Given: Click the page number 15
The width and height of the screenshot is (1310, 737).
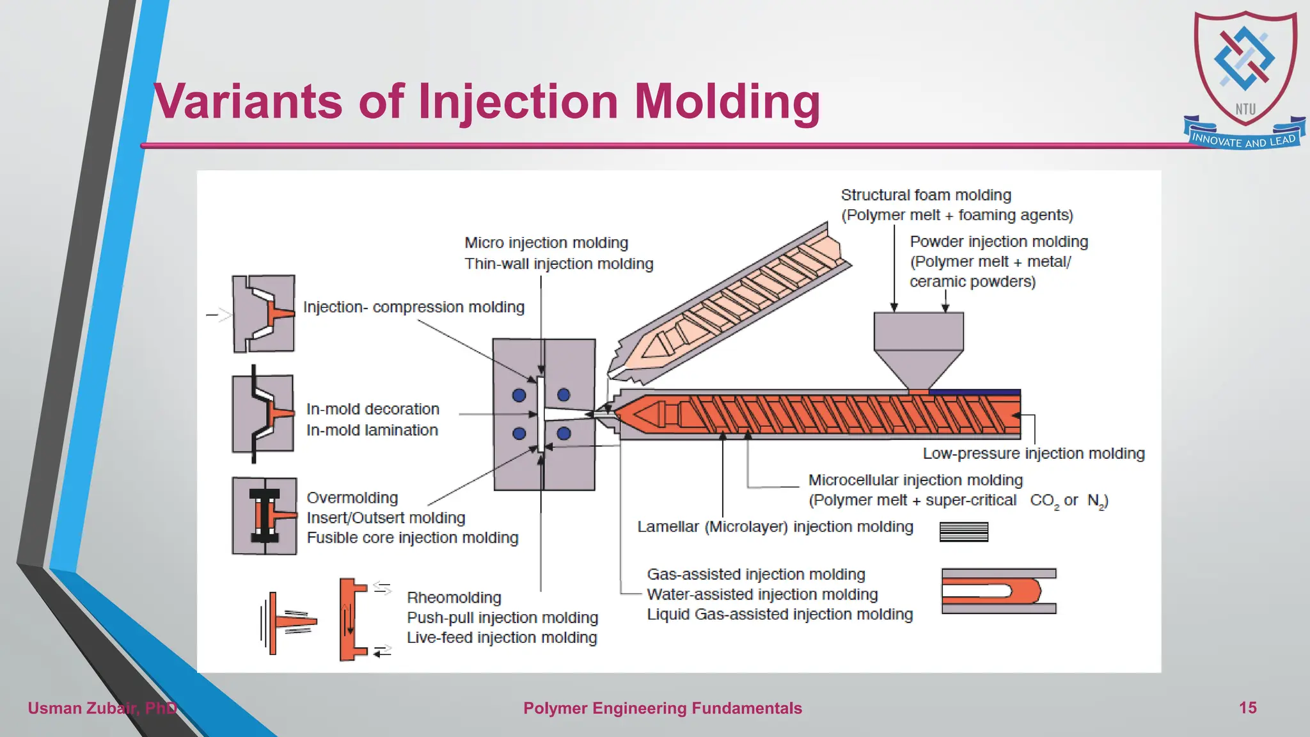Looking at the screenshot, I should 1247,708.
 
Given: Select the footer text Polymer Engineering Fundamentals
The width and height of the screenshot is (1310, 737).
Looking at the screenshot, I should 662,708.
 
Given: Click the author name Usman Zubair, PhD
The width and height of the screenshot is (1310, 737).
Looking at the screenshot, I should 102,708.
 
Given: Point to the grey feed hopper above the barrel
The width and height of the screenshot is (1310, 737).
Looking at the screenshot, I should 919,345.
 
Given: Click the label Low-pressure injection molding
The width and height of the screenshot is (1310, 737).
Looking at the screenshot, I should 1033,454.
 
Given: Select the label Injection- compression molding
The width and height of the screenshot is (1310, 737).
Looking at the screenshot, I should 413,307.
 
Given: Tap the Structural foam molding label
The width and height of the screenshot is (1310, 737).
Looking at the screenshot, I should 926,195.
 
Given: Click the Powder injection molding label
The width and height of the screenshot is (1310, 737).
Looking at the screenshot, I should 998,242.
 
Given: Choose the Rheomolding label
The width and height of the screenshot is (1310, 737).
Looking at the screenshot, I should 454,598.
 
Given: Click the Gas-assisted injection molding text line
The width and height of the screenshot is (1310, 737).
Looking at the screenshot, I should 755,575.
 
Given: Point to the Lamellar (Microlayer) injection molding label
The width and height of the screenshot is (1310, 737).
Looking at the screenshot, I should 775,527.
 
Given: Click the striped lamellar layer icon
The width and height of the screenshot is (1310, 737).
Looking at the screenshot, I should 963,532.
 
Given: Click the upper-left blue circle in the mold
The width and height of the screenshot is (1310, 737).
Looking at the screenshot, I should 519,395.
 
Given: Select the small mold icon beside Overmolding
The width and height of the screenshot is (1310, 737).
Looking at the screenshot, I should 264,516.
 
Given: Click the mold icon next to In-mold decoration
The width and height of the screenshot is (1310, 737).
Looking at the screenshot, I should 263,414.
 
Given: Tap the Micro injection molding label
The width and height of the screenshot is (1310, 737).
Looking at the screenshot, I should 546,243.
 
